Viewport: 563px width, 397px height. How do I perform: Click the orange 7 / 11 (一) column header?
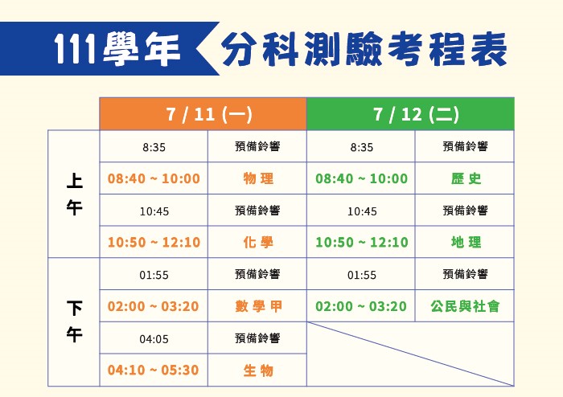point(203,113)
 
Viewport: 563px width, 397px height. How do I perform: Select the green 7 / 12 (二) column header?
point(410,113)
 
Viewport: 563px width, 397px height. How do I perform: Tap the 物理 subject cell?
point(257,178)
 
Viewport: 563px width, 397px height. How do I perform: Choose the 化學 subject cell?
point(257,242)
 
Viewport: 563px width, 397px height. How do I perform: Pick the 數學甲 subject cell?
point(257,306)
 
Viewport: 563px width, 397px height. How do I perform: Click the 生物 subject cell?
point(257,370)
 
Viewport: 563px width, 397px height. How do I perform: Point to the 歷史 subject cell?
point(465,178)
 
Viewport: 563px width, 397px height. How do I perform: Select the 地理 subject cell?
point(465,242)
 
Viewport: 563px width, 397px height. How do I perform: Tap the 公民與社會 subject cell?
point(465,306)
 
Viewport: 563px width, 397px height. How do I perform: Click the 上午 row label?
point(74,194)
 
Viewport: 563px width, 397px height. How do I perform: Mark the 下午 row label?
point(74,321)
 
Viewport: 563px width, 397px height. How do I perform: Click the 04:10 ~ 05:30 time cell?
point(154,370)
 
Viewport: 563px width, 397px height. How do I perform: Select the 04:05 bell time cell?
point(154,338)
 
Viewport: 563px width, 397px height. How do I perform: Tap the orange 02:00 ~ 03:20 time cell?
point(154,306)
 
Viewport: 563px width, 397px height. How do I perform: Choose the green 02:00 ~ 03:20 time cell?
point(361,306)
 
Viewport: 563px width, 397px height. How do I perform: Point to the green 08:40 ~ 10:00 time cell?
point(361,178)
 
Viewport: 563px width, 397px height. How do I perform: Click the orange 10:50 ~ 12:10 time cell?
point(154,242)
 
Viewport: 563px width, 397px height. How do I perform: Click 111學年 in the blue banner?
point(117,49)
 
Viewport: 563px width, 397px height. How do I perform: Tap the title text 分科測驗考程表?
point(364,49)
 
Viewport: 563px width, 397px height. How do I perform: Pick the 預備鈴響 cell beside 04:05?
point(257,338)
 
